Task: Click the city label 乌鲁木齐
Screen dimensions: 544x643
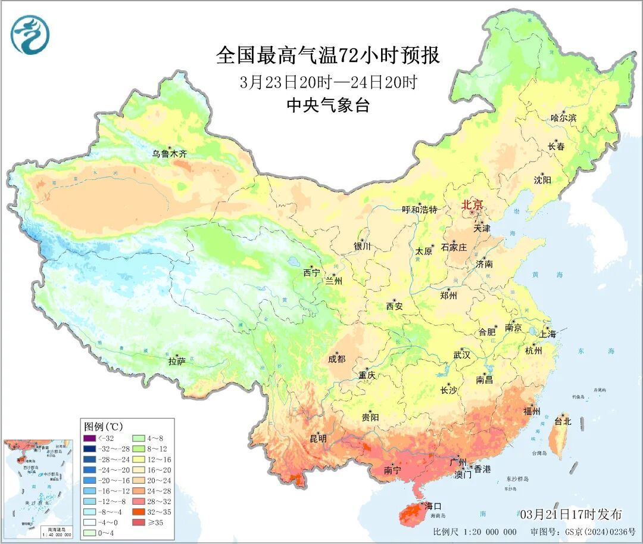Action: [x=169, y=154]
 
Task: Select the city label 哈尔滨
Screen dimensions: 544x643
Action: [x=563, y=118]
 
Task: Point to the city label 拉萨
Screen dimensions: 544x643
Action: [x=177, y=361]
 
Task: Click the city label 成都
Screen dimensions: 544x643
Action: [x=336, y=359]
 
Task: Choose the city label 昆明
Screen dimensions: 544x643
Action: [x=318, y=439]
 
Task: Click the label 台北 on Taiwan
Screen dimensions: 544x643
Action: [x=562, y=421]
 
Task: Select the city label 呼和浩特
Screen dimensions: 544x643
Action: [x=419, y=210]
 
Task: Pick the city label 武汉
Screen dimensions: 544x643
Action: [x=461, y=355]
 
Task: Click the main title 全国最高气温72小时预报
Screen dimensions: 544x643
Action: [x=327, y=55]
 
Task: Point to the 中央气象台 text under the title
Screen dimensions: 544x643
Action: [x=327, y=105]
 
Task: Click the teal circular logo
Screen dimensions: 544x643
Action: [x=29, y=34]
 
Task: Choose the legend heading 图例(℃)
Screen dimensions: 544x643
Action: [x=103, y=427]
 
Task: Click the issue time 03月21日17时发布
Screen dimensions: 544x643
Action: [x=570, y=514]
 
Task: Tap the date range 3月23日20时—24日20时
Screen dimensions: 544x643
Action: [x=327, y=82]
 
